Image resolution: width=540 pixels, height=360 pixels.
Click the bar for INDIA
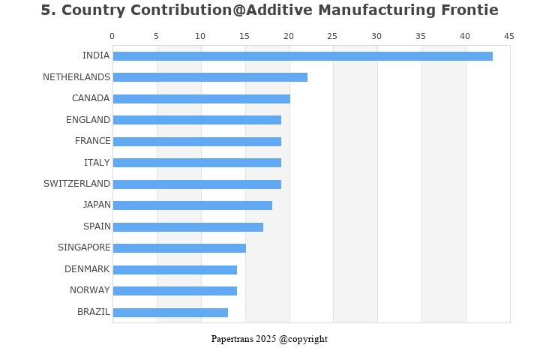click(302, 56)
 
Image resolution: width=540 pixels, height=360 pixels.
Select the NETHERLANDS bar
click(210, 77)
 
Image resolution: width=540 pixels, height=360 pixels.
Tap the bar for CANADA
click(201, 99)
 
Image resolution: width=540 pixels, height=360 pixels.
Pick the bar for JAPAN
click(192, 205)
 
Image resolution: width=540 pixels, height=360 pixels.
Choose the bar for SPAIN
click(187, 227)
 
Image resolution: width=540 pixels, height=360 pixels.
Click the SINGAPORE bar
click(179, 248)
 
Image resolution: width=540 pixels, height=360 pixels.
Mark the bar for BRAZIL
click(170, 313)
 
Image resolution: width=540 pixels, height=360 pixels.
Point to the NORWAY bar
click(175, 291)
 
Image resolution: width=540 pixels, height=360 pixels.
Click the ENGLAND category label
click(88, 120)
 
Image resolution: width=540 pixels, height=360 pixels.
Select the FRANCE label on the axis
click(92, 141)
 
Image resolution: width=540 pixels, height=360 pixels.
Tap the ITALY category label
click(97, 163)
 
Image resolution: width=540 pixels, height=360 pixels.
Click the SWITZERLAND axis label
click(76, 184)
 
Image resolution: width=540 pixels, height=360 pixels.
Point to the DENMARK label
click(87, 269)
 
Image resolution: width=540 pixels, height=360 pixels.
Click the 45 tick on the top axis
click(509, 36)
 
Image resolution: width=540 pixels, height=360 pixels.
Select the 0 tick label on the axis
click(112, 36)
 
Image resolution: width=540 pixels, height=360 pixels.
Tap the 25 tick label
click(333, 36)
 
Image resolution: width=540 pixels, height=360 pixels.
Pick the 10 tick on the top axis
click(200, 36)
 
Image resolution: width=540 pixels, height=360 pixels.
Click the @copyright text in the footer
click(303, 339)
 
